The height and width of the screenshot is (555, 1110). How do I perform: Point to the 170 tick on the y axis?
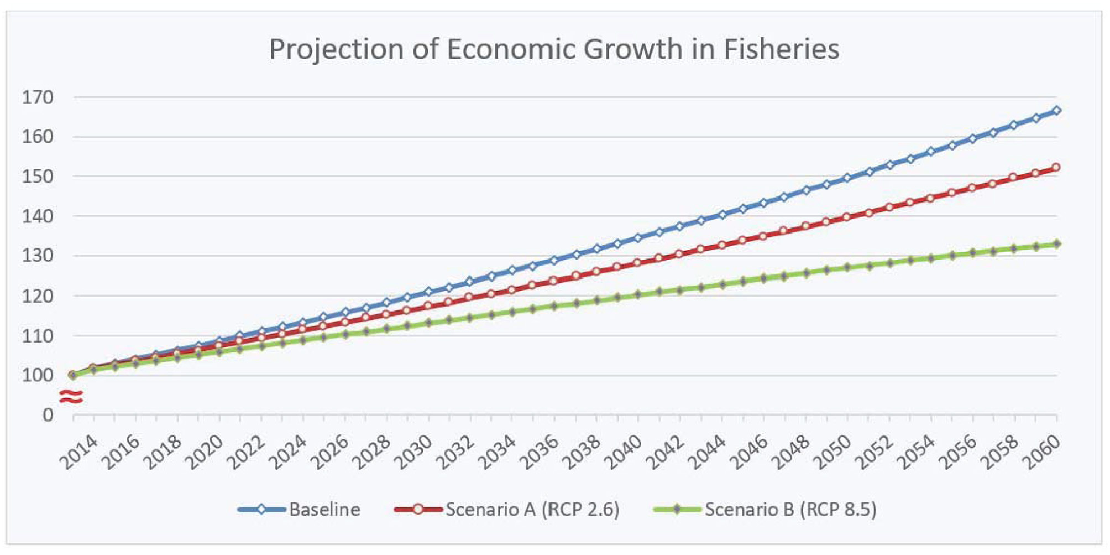[x=38, y=98]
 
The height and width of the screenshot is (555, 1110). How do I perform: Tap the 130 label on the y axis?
[x=38, y=256]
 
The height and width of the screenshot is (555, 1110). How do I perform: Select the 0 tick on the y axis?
[x=48, y=415]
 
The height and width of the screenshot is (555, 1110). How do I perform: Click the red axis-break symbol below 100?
[x=71, y=397]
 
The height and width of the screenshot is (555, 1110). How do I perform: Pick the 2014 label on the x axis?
[x=78, y=452]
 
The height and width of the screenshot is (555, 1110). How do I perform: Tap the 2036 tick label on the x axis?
[x=539, y=452]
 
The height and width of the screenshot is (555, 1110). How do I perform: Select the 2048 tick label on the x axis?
[x=790, y=452]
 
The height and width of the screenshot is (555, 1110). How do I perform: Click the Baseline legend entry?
[x=324, y=509]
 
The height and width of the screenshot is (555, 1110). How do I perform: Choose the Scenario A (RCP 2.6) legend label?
[x=532, y=509]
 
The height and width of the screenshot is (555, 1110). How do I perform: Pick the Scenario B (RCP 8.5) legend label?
[x=790, y=509]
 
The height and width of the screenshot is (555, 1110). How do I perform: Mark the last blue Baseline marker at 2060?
[x=1056, y=111]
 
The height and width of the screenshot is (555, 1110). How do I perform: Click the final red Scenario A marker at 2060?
[x=1056, y=167]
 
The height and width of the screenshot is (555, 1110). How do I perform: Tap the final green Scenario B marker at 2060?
[x=1056, y=244]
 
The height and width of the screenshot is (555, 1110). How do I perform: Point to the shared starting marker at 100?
[x=73, y=375]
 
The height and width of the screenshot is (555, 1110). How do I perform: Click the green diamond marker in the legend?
[x=677, y=509]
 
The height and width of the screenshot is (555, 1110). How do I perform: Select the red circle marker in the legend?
[x=418, y=509]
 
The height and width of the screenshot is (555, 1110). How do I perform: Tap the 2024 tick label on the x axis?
[x=287, y=452]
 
